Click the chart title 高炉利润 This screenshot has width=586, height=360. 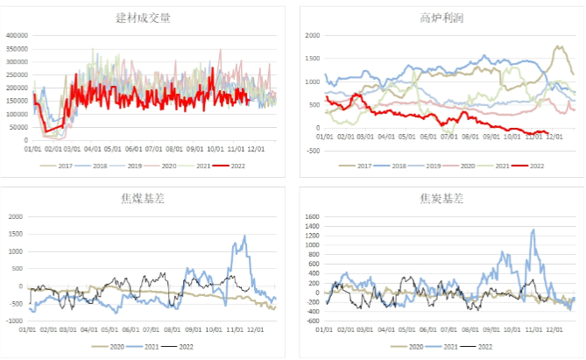(x=439, y=18)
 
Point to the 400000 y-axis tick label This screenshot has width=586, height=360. (x=18, y=36)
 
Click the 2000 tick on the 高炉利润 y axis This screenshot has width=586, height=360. (x=313, y=36)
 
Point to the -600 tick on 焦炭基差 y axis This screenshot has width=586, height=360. (x=311, y=321)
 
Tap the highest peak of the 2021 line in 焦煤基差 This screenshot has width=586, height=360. (x=244, y=235)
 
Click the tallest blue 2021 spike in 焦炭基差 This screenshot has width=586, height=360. (x=533, y=229)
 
